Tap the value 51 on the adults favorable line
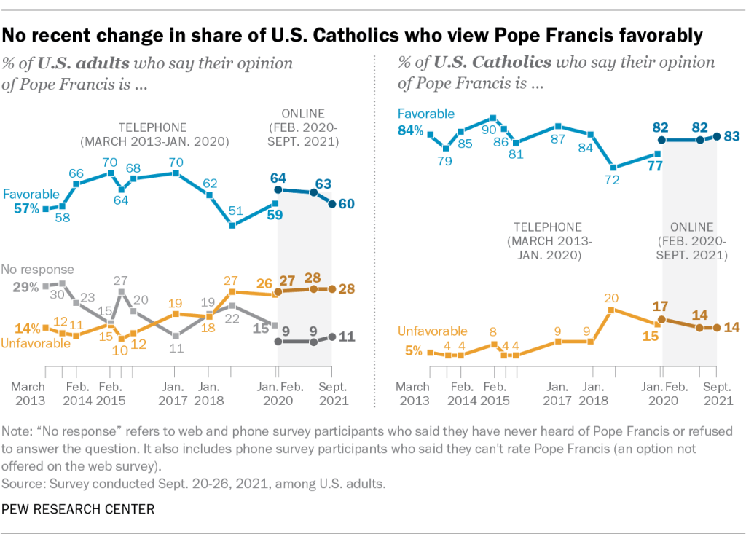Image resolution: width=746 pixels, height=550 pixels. pyautogui.click(x=235, y=211)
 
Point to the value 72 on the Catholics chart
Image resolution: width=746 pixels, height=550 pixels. pyautogui.click(x=613, y=180)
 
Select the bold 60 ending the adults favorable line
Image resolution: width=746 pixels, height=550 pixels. pyautogui.click(x=347, y=203)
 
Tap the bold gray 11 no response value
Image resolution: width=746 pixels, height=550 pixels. pyautogui.click(x=347, y=337)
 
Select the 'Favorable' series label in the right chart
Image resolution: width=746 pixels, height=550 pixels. pyautogui.click(x=426, y=114)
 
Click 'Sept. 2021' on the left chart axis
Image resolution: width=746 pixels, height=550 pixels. pyautogui.click(x=333, y=393)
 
